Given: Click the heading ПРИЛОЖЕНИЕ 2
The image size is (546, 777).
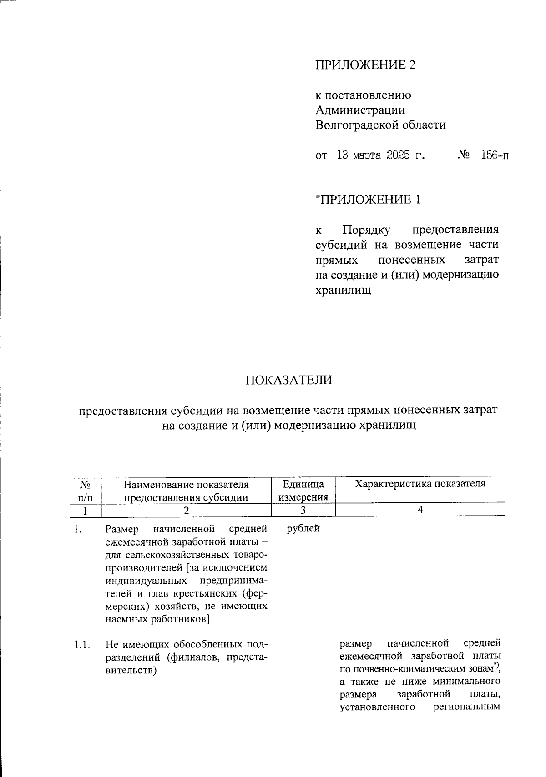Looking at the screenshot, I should (x=366, y=65).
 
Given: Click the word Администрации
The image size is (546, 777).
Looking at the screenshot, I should (x=360, y=110).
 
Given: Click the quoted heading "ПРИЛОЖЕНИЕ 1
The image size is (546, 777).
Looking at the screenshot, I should (x=368, y=199).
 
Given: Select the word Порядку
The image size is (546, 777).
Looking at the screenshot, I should (x=366, y=230).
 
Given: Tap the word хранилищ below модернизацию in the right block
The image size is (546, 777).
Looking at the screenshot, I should (x=344, y=290).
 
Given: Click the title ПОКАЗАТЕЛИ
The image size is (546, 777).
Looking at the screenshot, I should (x=289, y=380).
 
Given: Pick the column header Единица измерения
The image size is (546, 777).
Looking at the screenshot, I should (x=303, y=490).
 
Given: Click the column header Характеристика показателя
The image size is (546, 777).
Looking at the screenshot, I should (x=420, y=484).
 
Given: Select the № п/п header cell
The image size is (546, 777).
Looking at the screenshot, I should (x=86, y=490).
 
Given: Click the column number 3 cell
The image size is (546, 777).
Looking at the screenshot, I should (x=303, y=510).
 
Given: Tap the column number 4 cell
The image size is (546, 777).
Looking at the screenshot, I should (x=420, y=510).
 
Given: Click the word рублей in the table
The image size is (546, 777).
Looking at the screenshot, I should (x=303, y=529).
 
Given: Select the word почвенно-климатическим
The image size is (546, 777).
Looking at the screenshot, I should (x=412, y=669).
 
